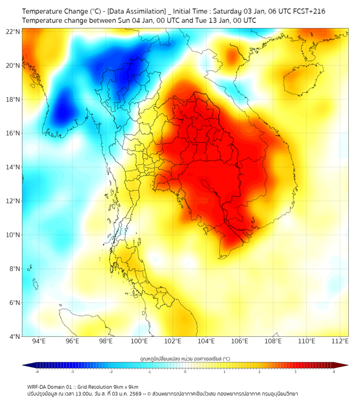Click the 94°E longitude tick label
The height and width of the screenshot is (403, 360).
point(39,342)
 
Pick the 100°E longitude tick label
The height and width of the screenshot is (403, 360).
point(140,342)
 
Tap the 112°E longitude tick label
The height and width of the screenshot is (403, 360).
point(340,342)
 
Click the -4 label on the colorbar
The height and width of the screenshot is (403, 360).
point(37,372)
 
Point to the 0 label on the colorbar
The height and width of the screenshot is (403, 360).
point(185,372)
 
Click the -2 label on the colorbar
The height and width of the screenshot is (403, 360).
point(111,372)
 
